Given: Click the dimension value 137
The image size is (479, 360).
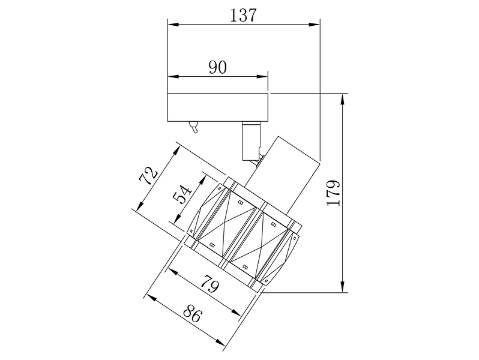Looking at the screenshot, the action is (x=243, y=15).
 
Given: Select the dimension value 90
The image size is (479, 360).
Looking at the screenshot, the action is (x=218, y=67).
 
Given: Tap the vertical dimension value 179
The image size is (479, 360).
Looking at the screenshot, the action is (x=333, y=193).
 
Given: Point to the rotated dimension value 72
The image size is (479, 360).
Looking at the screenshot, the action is (x=148, y=176).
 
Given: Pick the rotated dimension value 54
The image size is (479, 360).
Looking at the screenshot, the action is (x=182, y=194).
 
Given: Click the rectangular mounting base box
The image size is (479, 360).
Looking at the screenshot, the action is (x=218, y=107).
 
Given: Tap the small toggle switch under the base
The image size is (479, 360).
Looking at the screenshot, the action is (x=194, y=127).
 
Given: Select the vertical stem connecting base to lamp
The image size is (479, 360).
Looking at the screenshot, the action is (x=251, y=140).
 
